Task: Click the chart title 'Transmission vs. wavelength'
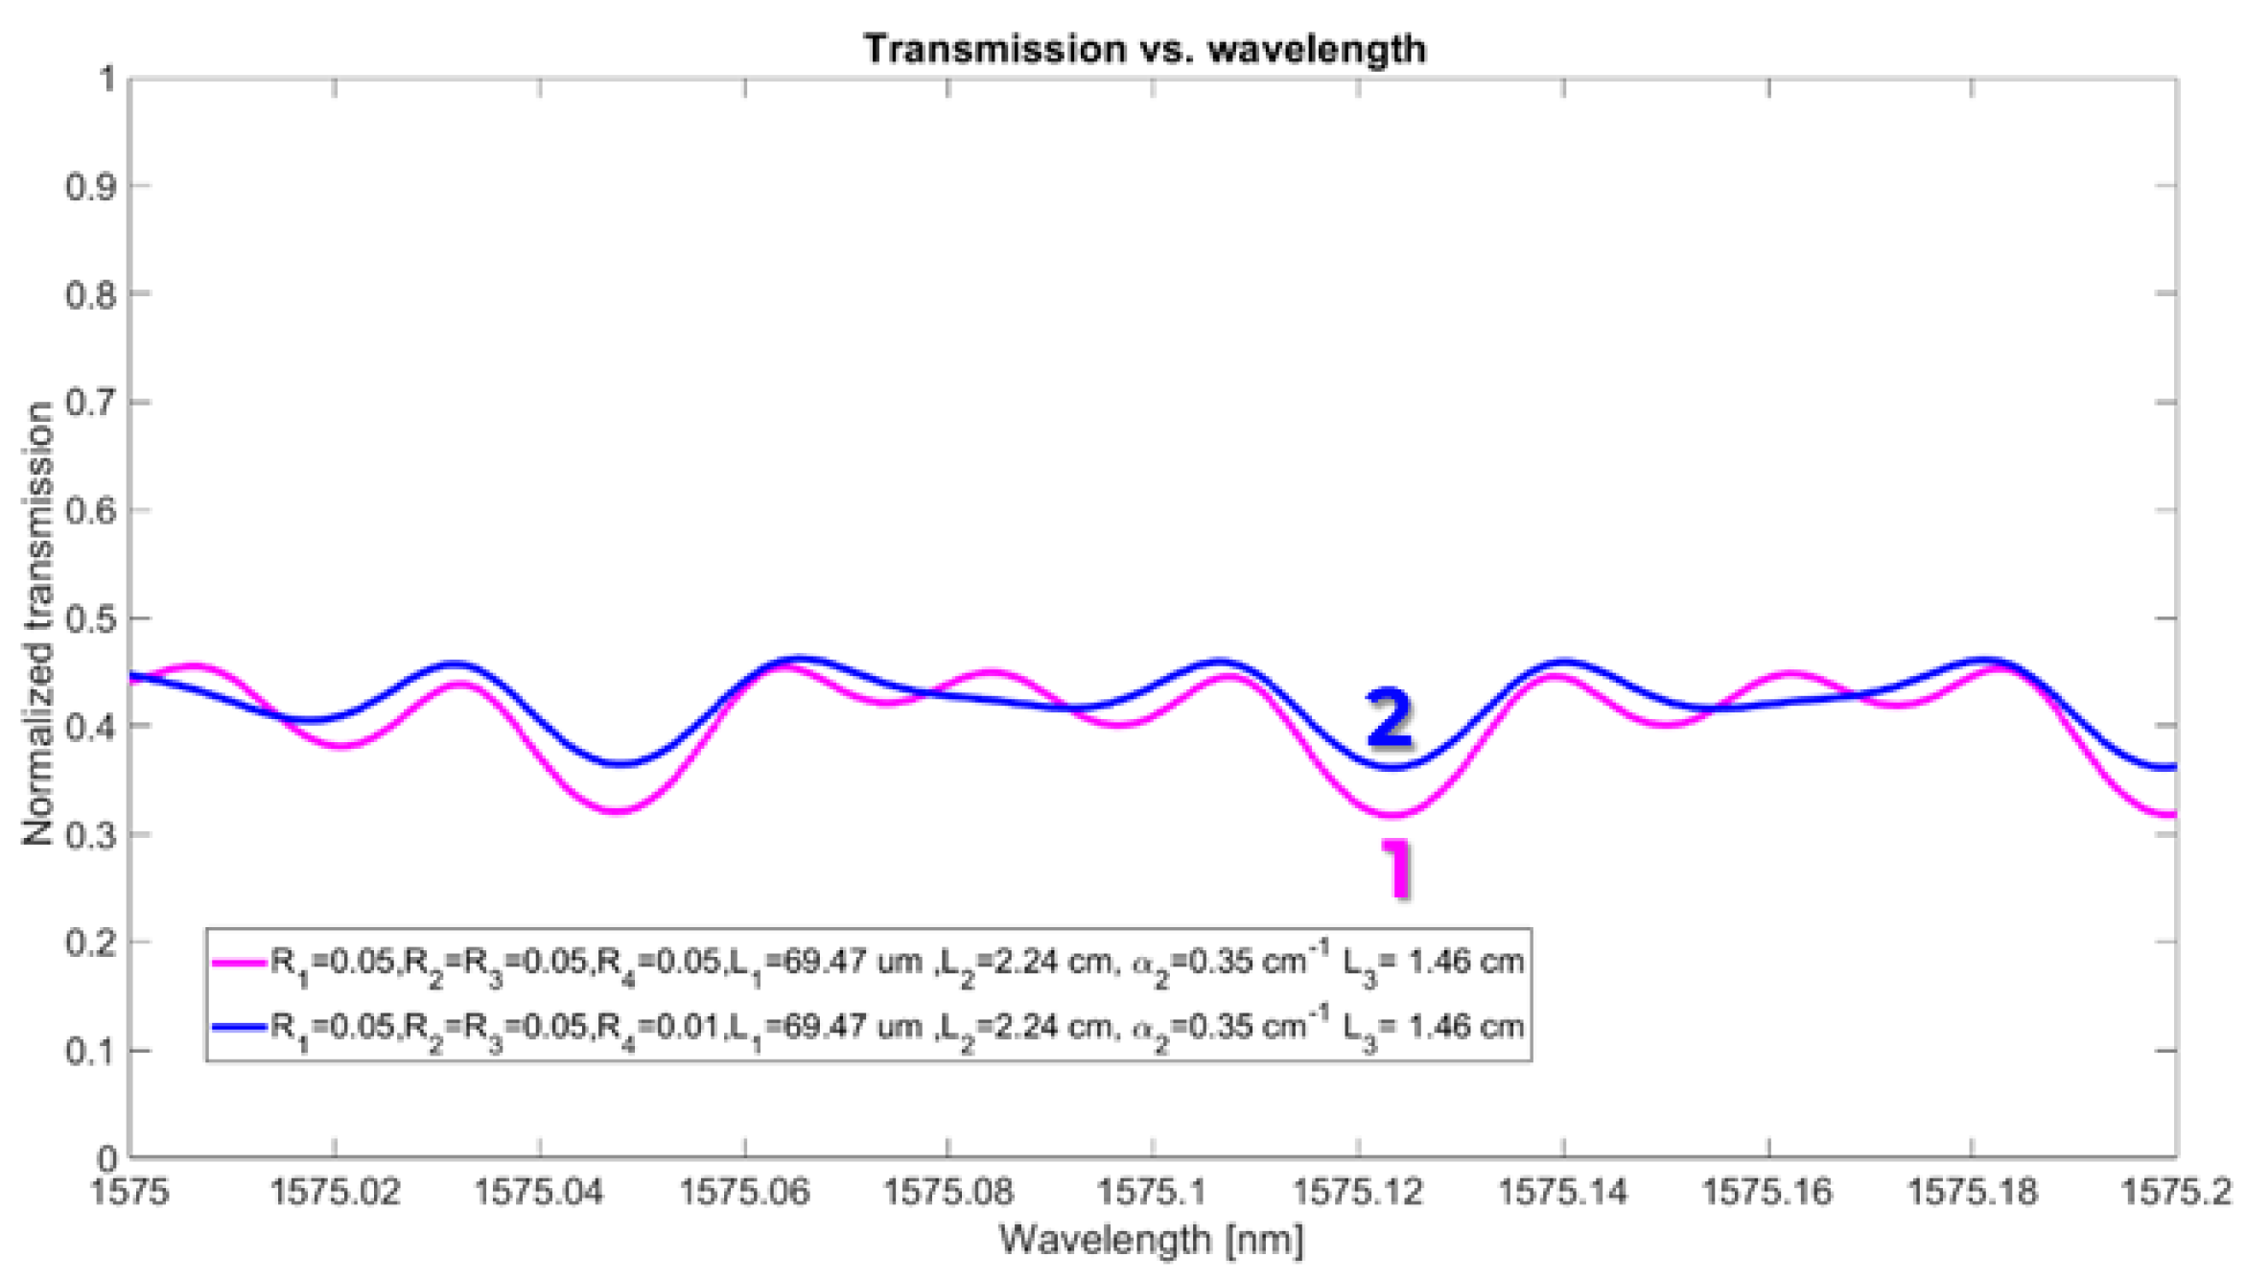1145,49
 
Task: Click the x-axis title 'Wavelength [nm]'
1151,1240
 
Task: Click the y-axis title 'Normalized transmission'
38,623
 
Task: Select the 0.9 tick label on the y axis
90,186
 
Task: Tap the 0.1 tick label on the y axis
90,1051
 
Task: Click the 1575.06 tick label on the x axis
745,1192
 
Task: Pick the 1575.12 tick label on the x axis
1358,1192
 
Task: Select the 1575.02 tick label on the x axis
335,1192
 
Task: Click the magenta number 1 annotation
1397,869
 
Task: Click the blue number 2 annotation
1390,718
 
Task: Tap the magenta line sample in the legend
238,963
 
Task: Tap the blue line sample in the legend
238,1028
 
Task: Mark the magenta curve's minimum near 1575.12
1392,815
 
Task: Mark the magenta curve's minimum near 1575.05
619,811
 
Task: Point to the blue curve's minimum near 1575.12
1392,767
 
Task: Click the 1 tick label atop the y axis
106,79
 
